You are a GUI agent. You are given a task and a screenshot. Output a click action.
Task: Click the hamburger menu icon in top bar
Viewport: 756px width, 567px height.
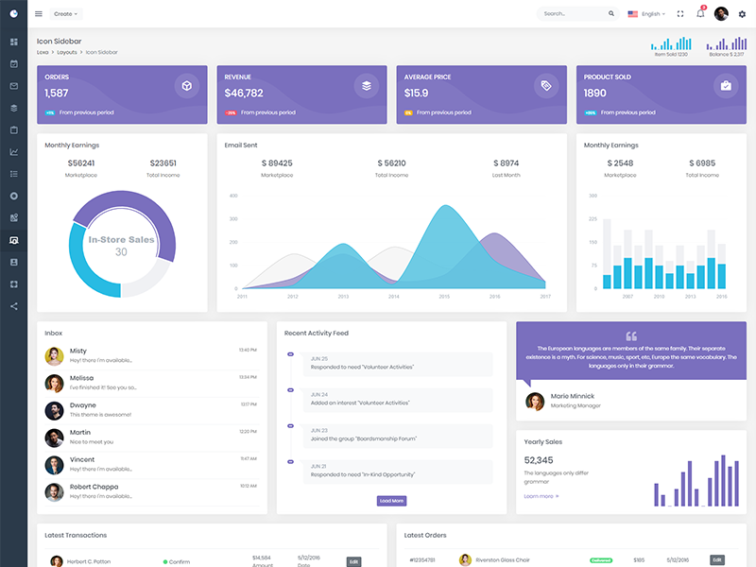[x=39, y=14]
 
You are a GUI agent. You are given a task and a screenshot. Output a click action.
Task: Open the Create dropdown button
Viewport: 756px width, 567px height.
[x=66, y=14]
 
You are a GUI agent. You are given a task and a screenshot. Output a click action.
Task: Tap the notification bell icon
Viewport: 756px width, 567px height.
[x=700, y=14]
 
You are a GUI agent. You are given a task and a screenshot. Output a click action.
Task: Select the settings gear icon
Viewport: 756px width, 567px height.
[x=742, y=14]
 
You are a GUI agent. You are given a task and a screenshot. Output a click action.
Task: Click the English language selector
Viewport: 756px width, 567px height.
[x=646, y=14]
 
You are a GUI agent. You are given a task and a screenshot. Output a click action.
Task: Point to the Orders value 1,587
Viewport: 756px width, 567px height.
[x=57, y=93]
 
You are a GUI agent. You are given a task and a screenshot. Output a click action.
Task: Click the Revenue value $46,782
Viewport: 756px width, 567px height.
[x=244, y=93]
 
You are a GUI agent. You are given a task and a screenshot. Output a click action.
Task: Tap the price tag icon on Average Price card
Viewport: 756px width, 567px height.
[x=545, y=86]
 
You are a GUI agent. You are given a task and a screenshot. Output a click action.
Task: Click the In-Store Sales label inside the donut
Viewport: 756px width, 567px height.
[x=121, y=240]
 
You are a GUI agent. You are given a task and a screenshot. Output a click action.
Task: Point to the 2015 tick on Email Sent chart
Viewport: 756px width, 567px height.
[x=444, y=297]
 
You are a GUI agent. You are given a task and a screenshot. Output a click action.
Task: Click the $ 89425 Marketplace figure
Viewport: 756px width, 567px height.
[x=277, y=163]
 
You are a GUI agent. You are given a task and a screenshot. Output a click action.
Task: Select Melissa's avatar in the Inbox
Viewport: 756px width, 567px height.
[x=55, y=383]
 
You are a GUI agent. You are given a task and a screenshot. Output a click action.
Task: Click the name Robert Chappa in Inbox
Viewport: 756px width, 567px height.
[x=94, y=487]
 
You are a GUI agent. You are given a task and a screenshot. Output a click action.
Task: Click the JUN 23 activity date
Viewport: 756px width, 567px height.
[x=319, y=430]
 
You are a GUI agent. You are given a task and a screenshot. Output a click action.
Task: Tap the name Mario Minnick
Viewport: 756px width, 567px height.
[x=573, y=396]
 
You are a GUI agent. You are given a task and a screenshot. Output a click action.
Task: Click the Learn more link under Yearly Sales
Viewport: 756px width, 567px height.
[x=541, y=496]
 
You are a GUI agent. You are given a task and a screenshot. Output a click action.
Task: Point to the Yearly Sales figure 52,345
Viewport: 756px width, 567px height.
[x=539, y=460]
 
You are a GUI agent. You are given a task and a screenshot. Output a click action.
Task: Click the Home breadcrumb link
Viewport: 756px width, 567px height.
[x=43, y=52]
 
